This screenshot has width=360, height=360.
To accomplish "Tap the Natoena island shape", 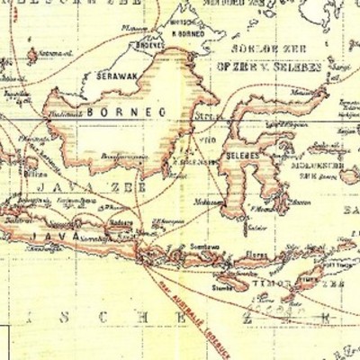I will [x=31, y=56].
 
